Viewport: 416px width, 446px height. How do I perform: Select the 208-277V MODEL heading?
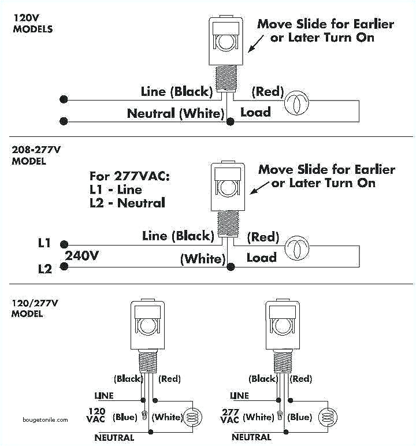[x=36, y=155]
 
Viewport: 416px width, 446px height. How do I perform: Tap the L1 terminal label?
[x=44, y=243]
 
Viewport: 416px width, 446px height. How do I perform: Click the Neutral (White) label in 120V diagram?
[x=175, y=114]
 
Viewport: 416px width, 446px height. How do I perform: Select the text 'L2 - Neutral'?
[x=127, y=203]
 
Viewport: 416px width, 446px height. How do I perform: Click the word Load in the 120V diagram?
[x=255, y=112]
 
